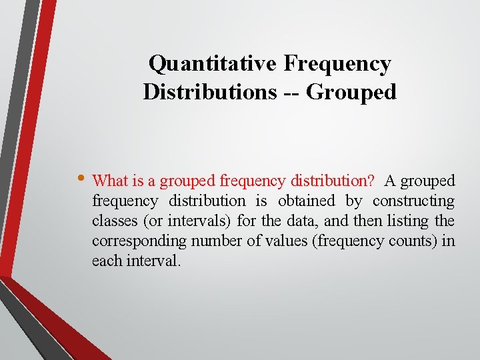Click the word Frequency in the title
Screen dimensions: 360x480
337,64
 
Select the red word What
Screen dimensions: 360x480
109,181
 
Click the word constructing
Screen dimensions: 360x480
413,201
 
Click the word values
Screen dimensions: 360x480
285,241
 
